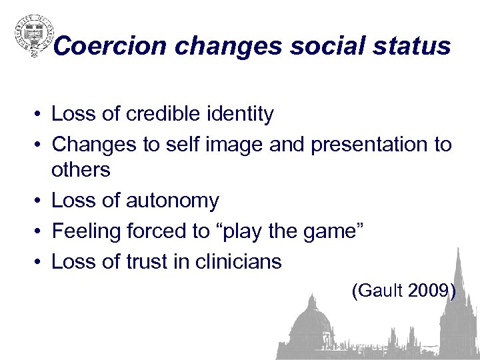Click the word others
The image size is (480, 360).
(81, 171)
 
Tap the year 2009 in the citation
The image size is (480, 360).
(430, 291)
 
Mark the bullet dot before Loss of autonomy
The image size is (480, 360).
(40, 201)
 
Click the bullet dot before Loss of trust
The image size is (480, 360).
(40, 262)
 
